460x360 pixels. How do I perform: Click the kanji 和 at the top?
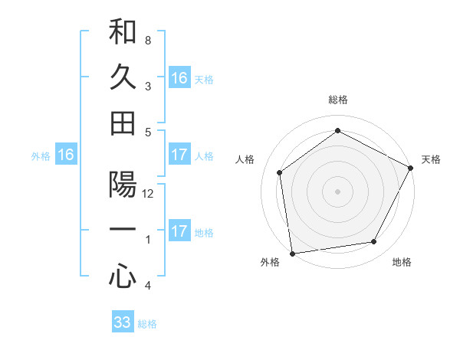point(123,32)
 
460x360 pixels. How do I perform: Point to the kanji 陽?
point(123,185)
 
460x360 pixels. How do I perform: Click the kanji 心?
point(123,276)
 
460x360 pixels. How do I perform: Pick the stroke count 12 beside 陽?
point(149,194)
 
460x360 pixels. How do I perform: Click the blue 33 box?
point(123,322)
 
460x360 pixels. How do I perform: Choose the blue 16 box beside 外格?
point(66,155)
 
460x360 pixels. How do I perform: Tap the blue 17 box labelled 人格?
point(179,155)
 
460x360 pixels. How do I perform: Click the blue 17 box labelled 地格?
point(179,231)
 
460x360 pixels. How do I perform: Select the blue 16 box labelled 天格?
point(179,78)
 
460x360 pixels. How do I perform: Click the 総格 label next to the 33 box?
point(147,324)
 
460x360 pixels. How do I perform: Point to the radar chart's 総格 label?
point(337,100)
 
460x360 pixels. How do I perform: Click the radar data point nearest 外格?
point(292,253)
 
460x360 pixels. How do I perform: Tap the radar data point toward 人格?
point(280,172)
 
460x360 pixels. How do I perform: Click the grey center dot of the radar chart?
point(337,191)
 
